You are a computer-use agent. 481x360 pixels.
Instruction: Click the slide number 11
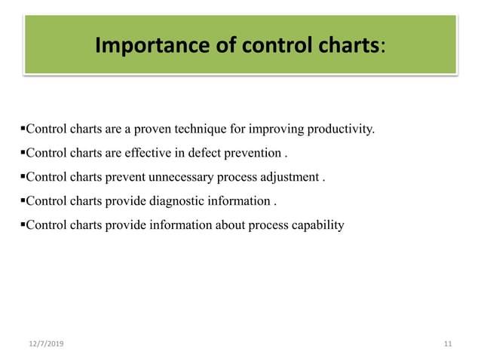point(448,343)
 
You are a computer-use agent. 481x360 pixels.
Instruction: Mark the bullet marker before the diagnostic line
point(23,201)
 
